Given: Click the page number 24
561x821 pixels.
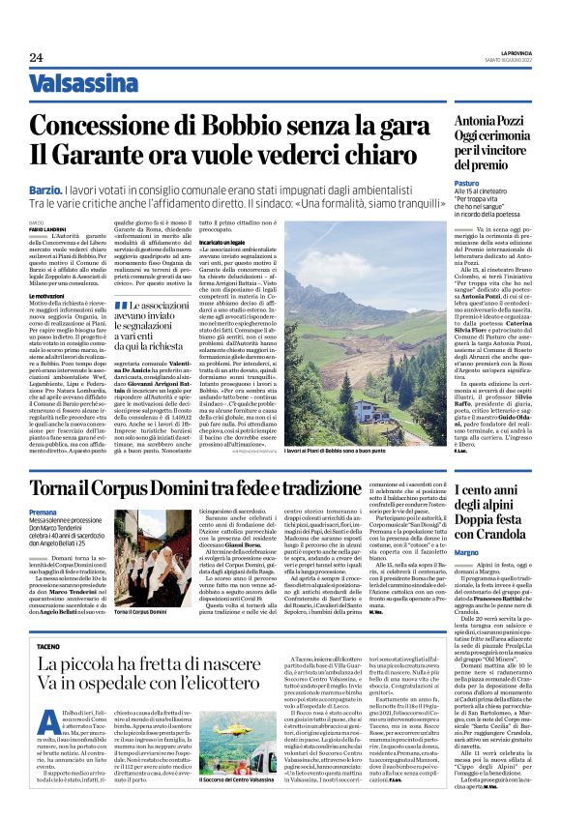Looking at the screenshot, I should coord(36,58).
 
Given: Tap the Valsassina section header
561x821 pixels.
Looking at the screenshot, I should coord(83,84).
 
